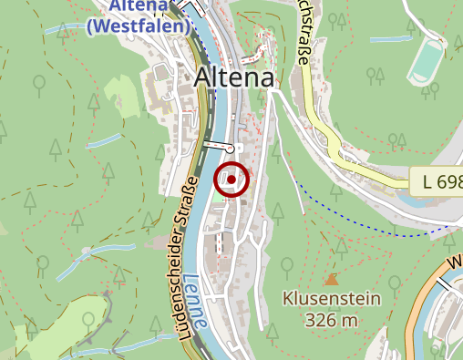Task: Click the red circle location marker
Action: [x=231, y=180]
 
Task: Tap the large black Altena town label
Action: [x=234, y=78]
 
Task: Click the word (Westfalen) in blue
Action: [x=139, y=26]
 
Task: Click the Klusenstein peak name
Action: [x=331, y=299]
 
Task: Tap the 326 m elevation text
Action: [x=331, y=320]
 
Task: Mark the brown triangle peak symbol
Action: [x=331, y=279]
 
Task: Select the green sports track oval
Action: [x=425, y=62]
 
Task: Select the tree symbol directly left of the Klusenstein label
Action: [x=286, y=265]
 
